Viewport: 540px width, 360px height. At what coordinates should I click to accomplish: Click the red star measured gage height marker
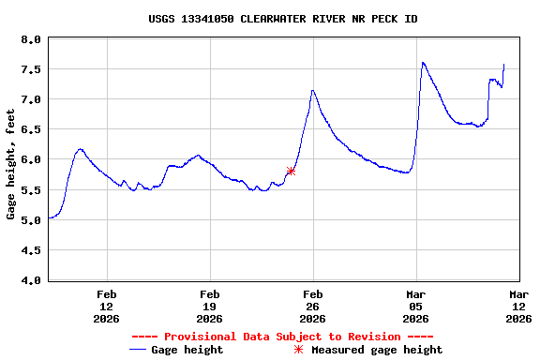tap(291, 171)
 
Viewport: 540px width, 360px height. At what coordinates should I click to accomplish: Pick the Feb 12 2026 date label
tap(106, 306)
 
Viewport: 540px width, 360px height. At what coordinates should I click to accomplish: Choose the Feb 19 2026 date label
tap(209, 306)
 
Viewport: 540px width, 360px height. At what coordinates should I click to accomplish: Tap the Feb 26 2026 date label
tap(312, 306)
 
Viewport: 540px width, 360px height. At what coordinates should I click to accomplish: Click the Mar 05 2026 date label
tap(415, 306)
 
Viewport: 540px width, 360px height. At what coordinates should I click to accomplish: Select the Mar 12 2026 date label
tap(518, 306)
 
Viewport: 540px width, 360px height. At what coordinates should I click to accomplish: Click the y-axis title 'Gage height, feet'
tap(11, 164)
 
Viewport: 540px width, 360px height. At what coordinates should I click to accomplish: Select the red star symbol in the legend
tap(298, 350)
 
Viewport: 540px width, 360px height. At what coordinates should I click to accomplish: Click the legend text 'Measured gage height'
tap(377, 350)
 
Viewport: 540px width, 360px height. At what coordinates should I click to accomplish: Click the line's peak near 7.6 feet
tap(423, 63)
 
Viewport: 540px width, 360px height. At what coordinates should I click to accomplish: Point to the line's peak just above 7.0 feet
tap(313, 90)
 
